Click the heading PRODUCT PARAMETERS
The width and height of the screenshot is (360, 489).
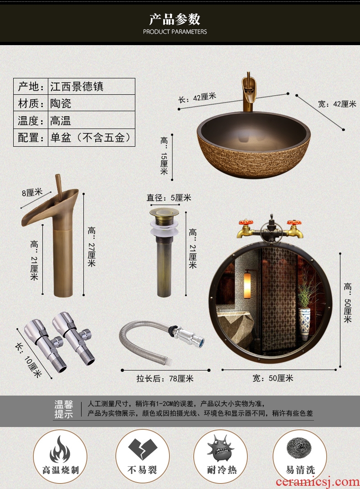coord(175,31)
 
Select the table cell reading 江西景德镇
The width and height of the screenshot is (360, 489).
coord(77,87)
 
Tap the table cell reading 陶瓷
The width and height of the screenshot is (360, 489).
coord(61,103)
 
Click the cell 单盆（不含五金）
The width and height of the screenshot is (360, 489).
coord(91,137)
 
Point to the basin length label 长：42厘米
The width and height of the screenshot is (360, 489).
coord(197,98)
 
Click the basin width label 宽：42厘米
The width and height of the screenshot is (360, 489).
coord(337,104)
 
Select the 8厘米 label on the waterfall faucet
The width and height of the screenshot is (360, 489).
coord(32,192)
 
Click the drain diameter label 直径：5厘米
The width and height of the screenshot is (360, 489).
coord(169,198)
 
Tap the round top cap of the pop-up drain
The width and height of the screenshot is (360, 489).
coord(164,213)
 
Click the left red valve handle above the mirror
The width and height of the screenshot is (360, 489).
coord(246,223)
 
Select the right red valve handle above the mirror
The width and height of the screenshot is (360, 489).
coord(294,223)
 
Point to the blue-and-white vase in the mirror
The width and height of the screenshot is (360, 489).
coord(304,323)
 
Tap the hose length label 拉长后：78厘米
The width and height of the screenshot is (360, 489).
coord(165,379)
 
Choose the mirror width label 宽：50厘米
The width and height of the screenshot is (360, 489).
coord(273,378)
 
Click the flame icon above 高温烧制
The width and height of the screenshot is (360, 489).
coord(60,449)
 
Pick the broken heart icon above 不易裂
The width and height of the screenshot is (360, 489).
coord(143,449)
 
